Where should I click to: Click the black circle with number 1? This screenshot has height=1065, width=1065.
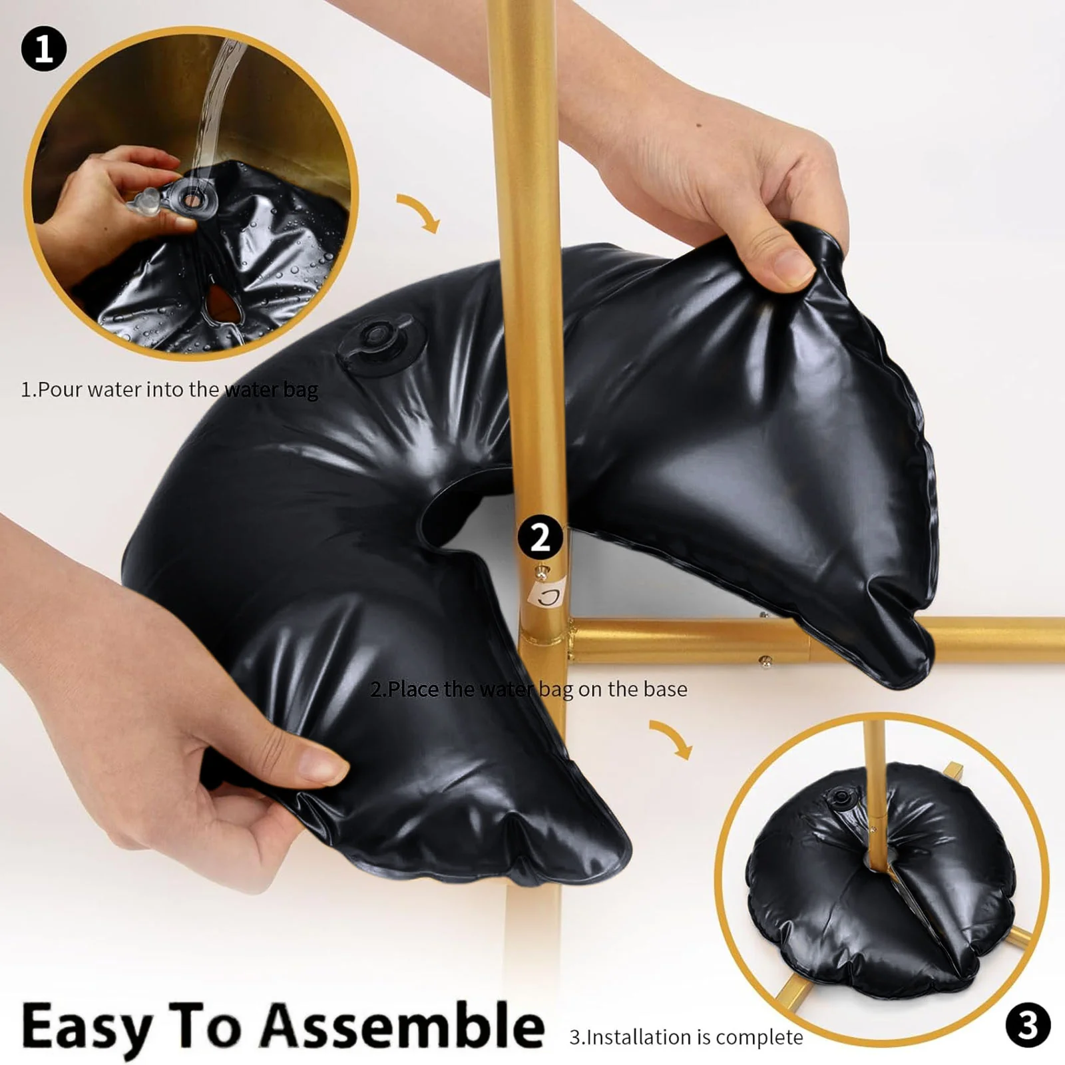(44, 49)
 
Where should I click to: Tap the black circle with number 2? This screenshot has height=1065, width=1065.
(540, 537)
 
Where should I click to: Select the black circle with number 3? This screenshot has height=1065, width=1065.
(1028, 1025)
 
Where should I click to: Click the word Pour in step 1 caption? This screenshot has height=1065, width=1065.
(60, 389)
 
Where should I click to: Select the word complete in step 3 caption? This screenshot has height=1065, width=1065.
(759, 1038)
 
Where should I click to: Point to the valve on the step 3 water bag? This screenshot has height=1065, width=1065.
(840, 795)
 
